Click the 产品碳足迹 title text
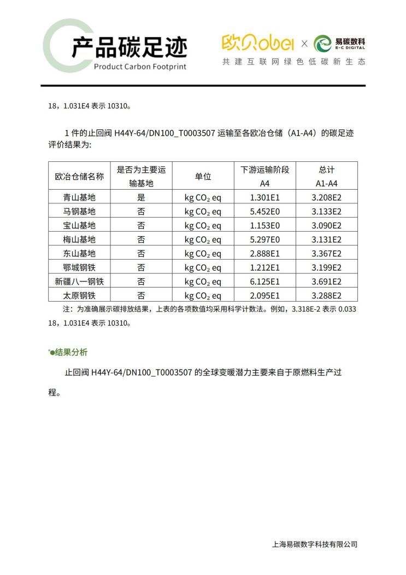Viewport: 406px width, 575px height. pos(129,48)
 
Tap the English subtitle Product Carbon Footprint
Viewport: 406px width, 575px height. pos(140,67)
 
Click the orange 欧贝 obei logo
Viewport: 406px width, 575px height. pos(258,43)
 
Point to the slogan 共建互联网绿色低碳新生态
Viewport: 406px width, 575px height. pos(293,62)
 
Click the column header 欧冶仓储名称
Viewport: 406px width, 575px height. pos(79,176)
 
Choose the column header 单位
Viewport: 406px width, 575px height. pos(203,176)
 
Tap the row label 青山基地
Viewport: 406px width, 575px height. pos(79,197)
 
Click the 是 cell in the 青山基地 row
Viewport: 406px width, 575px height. pos(141,197)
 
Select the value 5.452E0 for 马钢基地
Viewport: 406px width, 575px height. pos(264,212)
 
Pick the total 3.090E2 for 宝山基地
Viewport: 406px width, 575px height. pos(326,225)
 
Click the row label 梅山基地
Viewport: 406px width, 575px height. pos(79,239)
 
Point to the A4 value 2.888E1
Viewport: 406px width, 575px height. pos(264,254)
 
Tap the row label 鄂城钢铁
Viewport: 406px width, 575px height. pos(79,267)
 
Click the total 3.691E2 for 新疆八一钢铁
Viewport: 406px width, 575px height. pos(326,281)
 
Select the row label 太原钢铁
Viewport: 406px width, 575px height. pos(79,295)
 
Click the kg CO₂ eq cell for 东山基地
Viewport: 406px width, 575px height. pos(203,254)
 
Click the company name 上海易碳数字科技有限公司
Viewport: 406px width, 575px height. pos(314,544)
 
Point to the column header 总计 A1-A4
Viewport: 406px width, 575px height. pos(326,176)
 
